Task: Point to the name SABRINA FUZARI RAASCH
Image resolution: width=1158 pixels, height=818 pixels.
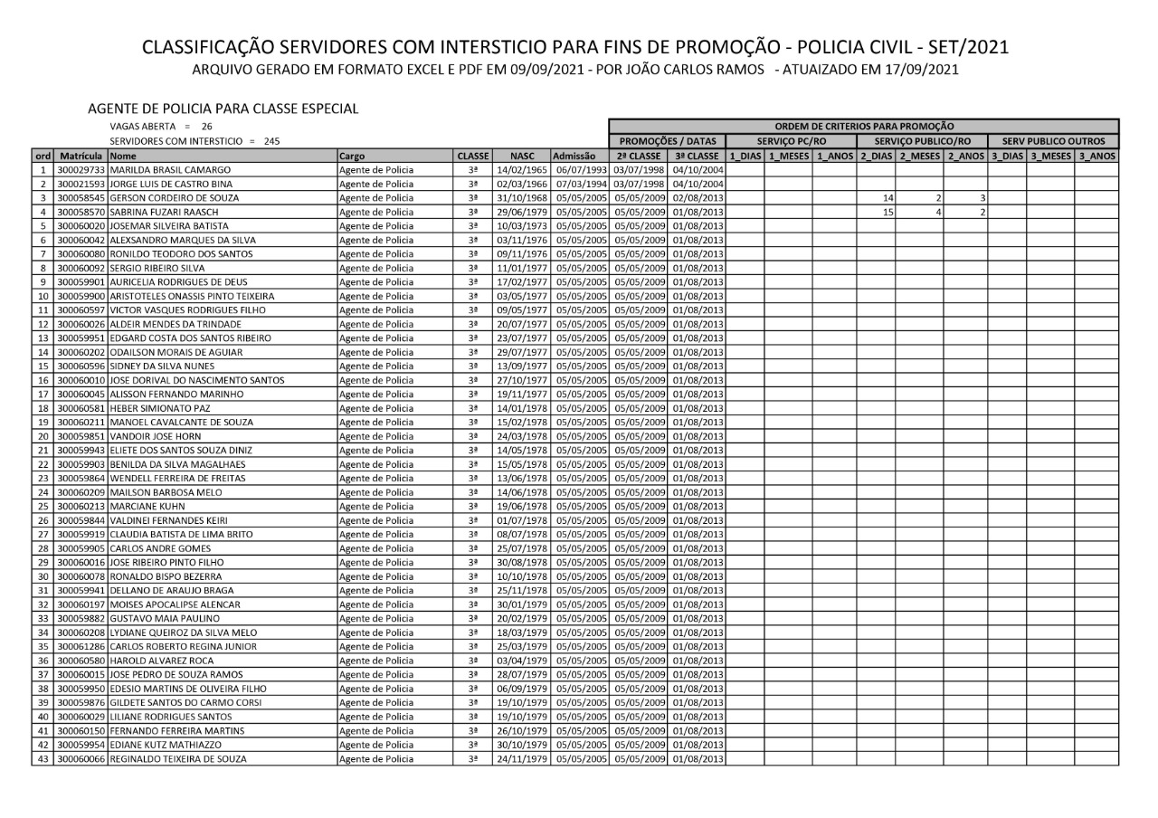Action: pos(157,212)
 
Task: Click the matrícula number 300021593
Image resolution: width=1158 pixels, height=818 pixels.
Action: pos(81,184)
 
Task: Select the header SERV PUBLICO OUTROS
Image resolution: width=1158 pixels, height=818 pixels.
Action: pos(1053,141)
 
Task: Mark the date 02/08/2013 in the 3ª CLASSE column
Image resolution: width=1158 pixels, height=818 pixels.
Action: pos(697,198)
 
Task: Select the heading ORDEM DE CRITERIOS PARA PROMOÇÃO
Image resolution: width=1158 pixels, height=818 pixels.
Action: pos(864,126)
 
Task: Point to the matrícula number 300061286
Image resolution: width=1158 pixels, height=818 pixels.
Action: pos(81,646)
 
